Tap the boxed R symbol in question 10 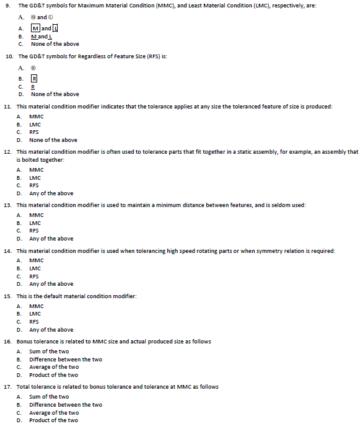[35, 79]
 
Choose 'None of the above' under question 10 [55, 94]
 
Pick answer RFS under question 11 [34, 132]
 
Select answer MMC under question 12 [36, 169]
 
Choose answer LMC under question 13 [35, 223]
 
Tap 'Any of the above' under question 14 [51, 284]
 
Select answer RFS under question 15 [34, 322]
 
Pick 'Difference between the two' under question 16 [66, 359]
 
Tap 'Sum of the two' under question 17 [49, 397]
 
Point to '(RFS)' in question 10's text [141, 56]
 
